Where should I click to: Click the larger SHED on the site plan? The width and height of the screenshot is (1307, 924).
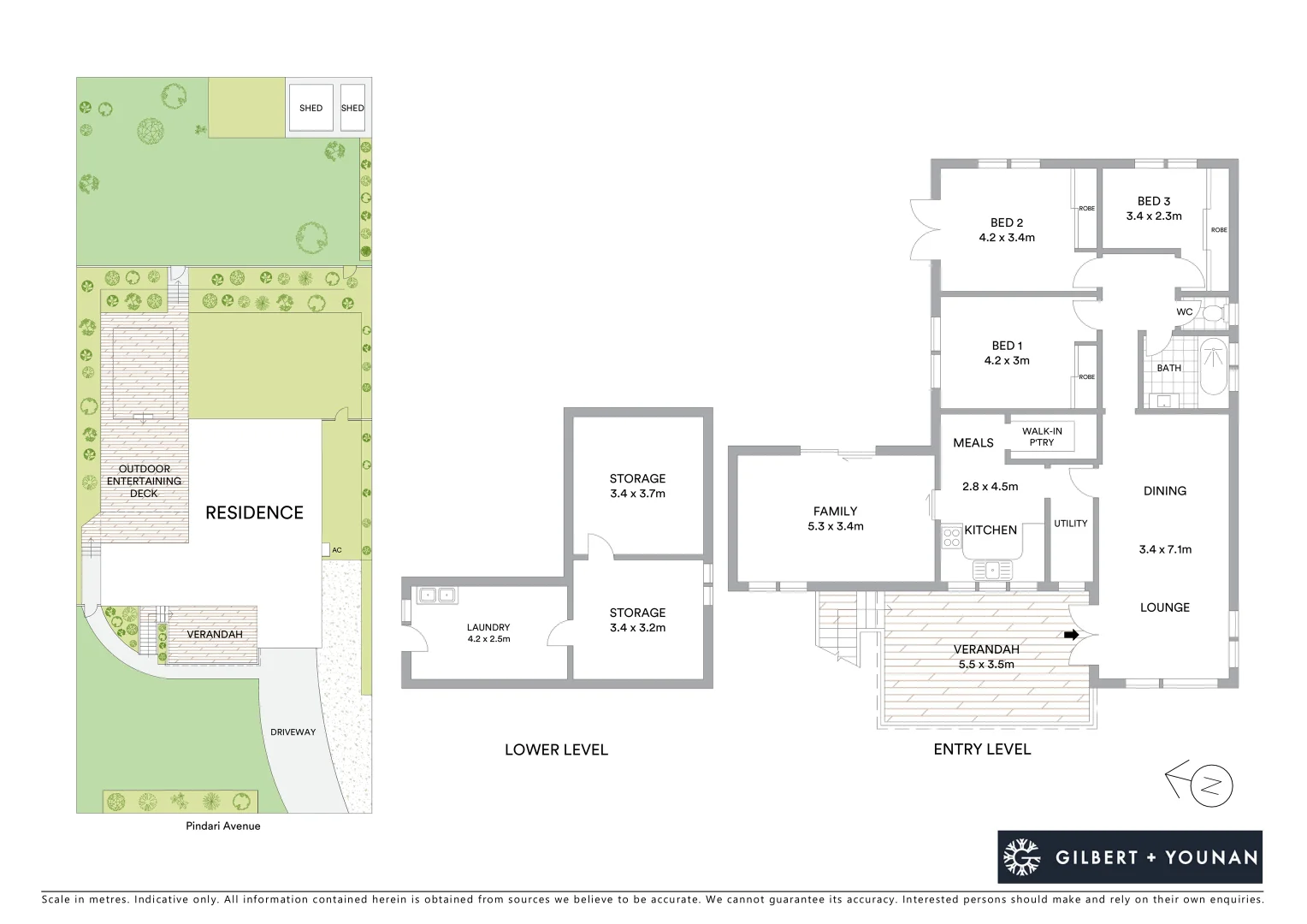310,108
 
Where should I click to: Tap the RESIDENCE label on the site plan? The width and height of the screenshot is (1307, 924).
254,512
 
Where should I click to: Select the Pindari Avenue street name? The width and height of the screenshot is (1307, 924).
223,826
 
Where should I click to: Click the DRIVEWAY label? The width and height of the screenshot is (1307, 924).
293,732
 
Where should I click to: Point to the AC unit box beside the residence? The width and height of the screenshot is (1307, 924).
326,550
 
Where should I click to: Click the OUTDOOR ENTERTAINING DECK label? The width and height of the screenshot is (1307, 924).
144,481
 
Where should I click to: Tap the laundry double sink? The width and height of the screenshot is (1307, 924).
437,595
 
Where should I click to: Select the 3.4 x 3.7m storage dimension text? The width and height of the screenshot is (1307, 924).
637,494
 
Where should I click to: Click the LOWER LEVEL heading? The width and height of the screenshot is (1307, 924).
556,749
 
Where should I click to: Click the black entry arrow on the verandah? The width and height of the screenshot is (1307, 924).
1070,635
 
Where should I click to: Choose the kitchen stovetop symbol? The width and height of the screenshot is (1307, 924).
950,538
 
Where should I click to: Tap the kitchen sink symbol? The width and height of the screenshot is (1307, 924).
991,568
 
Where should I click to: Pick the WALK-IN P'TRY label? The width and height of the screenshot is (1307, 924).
1042,437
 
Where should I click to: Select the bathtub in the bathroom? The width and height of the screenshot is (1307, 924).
1213,367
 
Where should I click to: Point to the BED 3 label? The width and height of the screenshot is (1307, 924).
1154,201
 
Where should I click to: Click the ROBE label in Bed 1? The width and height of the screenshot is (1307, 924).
1086,376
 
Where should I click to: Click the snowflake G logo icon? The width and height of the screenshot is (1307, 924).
1021,856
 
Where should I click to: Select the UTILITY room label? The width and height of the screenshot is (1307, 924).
1070,523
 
